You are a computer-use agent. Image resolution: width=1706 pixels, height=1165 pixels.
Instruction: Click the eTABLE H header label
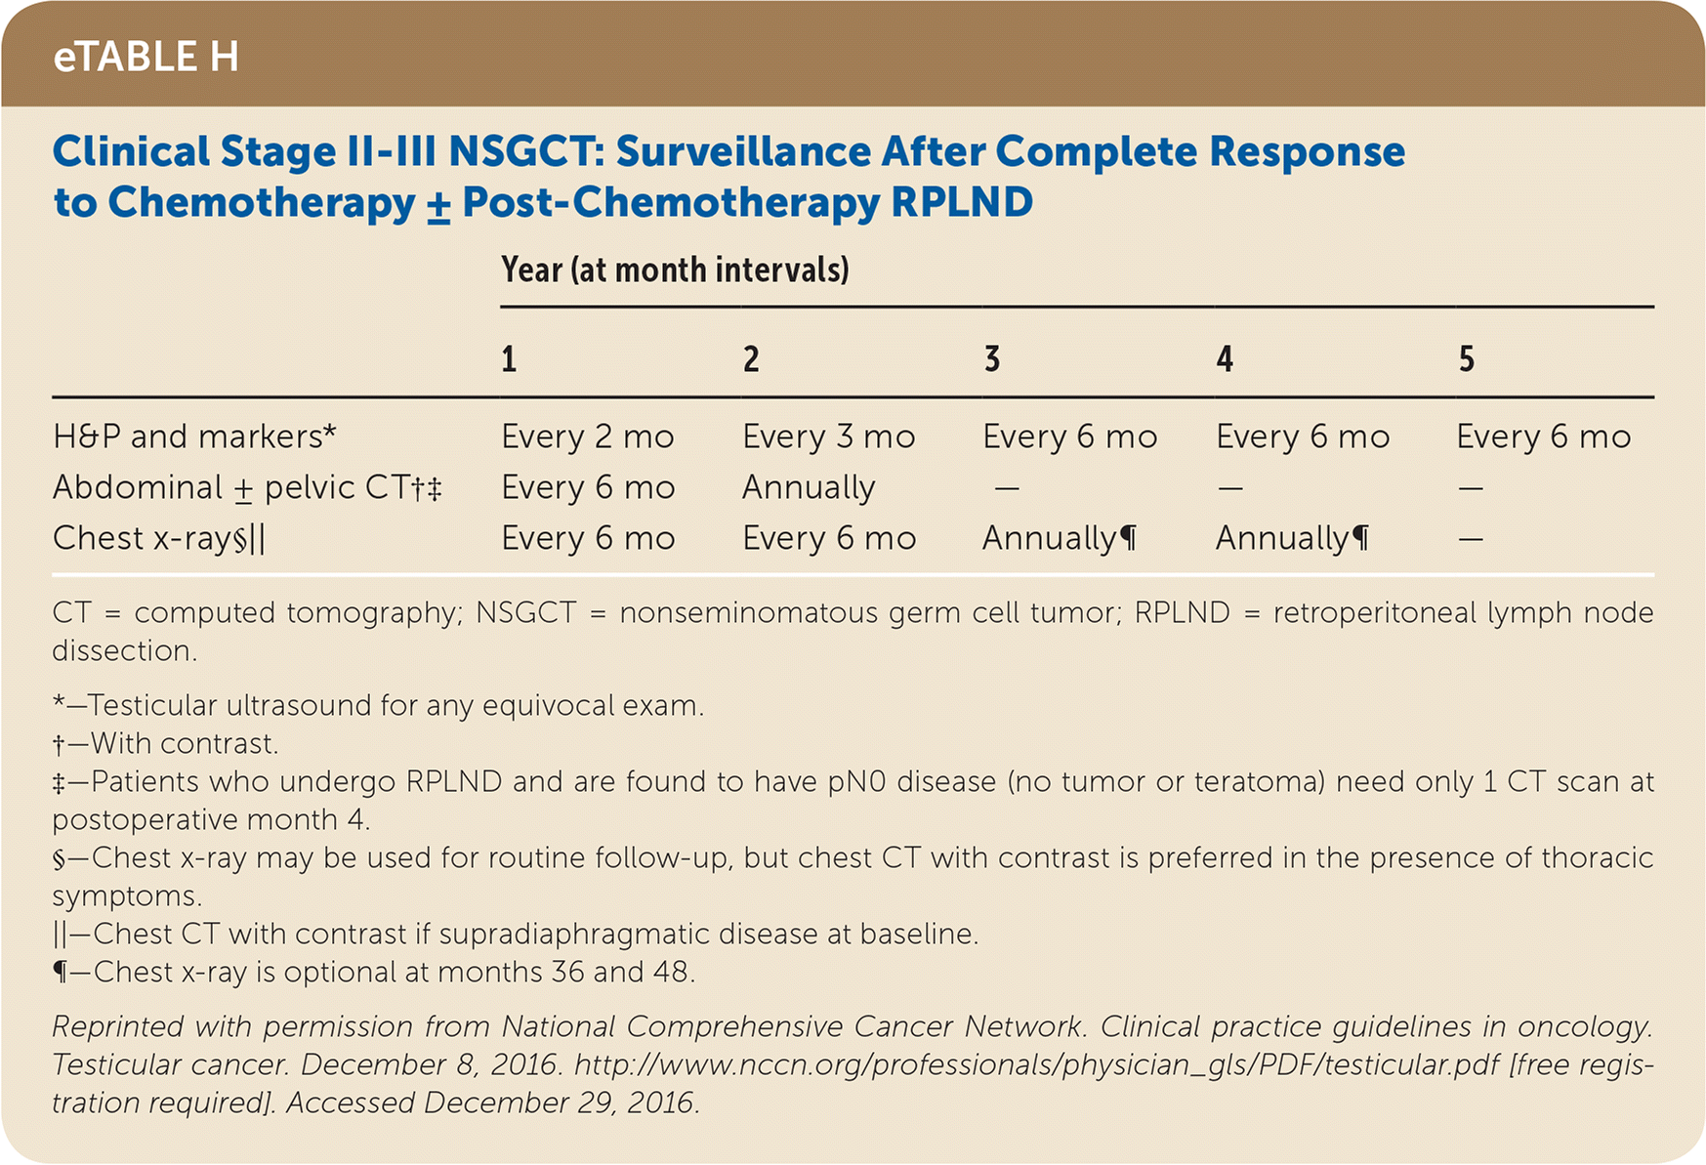pyautogui.click(x=146, y=57)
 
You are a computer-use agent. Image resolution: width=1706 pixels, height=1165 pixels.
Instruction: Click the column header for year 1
pyautogui.click(x=509, y=359)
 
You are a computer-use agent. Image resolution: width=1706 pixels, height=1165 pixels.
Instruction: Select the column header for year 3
pyautogui.click(x=991, y=359)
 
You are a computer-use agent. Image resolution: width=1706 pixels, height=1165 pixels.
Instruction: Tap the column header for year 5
pyautogui.click(x=1466, y=359)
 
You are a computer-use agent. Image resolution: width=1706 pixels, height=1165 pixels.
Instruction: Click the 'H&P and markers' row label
pyautogui.click(x=194, y=437)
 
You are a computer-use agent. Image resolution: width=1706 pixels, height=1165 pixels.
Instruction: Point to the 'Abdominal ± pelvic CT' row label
pyautogui.click(x=247, y=487)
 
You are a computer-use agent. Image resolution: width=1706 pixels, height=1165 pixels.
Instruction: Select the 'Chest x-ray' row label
pyautogui.click(x=159, y=538)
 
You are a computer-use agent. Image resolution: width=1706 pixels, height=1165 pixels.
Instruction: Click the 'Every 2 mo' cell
pyautogui.click(x=588, y=437)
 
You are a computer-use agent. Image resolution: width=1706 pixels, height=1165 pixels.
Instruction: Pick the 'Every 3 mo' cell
pyautogui.click(x=829, y=437)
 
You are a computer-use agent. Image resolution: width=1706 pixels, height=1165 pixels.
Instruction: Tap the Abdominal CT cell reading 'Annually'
pyautogui.click(x=809, y=487)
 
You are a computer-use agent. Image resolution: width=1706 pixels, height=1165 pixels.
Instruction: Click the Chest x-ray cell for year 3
pyautogui.click(x=1060, y=538)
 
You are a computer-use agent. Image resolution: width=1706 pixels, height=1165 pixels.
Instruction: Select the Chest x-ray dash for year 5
pyautogui.click(x=1471, y=538)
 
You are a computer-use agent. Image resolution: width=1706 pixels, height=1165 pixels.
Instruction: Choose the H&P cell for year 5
pyautogui.click(x=1544, y=437)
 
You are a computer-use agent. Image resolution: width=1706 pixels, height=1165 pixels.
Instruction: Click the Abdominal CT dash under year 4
pyautogui.click(x=1229, y=487)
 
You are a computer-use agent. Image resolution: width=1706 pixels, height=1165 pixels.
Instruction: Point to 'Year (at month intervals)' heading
pyautogui.click(x=675, y=270)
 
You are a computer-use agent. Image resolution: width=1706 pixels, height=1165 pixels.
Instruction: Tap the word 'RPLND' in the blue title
pyautogui.click(x=962, y=202)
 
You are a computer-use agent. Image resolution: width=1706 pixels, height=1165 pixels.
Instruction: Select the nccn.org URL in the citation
pyautogui.click(x=1036, y=1064)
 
